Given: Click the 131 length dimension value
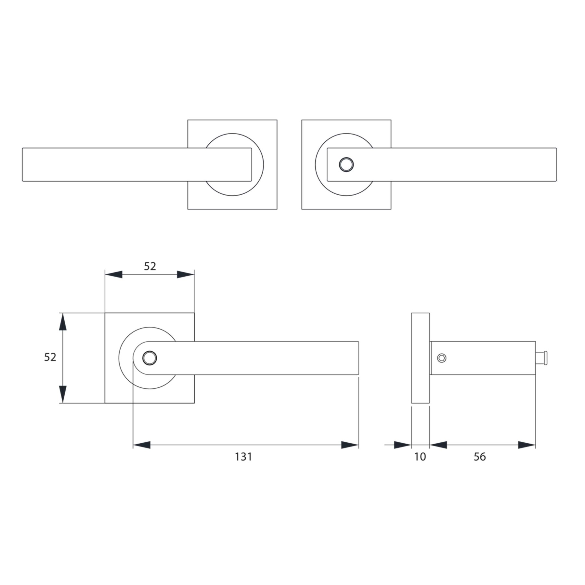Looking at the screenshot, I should pyautogui.click(x=243, y=457).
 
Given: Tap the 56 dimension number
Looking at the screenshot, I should pyautogui.click(x=480, y=457).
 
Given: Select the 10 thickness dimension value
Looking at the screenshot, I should pyautogui.click(x=420, y=457).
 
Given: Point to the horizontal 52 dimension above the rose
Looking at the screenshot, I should pyautogui.click(x=150, y=266).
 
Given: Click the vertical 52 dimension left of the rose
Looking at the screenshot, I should pyautogui.click(x=50, y=357).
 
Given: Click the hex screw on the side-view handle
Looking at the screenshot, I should pyautogui.click(x=442, y=358).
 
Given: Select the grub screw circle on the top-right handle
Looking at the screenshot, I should pyautogui.click(x=346, y=164).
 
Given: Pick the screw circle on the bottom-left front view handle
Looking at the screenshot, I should pyautogui.click(x=150, y=358).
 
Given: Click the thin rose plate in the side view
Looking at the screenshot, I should pyautogui.click(x=420, y=358).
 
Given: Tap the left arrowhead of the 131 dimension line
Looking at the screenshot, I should pyautogui.click(x=142, y=445).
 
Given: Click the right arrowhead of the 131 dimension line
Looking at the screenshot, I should pyautogui.click(x=350, y=445).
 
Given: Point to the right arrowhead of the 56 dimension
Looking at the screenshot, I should pyautogui.click(x=527, y=445).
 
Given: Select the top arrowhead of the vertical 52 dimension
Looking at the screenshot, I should pyautogui.click(x=63, y=322).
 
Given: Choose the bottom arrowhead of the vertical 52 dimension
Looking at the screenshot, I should pyautogui.click(x=63, y=394).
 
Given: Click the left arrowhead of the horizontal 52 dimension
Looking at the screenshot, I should pyautogui.click(x=113, y=274).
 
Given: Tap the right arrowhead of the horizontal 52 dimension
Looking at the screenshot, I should pyautogui.click(x=186, y=274).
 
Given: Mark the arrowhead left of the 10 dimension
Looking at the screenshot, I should pyautogui.click(x=403, y=445).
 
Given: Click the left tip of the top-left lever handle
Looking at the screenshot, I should pyautogui.click(x=23, y=164).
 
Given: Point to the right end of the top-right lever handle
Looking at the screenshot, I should pyautogui.click(x=556, y=164).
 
